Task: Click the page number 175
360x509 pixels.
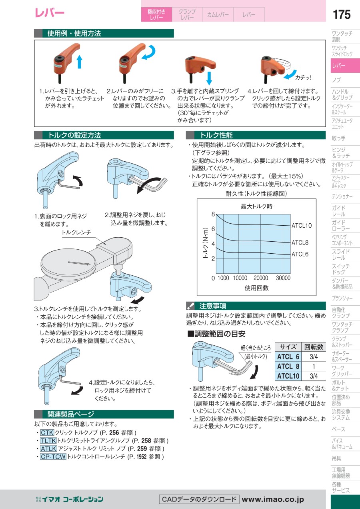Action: tap(342, 14)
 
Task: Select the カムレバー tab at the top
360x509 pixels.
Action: tap(218, 14)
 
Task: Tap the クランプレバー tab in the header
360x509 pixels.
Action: tap(187, 14)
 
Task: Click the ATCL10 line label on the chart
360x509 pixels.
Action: tap(302, 226)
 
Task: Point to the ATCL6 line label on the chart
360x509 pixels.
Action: tap(300, 254)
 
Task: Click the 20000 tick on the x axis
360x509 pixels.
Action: tap(261, 278)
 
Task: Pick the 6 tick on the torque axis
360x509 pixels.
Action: tap(213, 229)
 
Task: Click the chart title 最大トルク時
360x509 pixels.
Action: tap(256, 206)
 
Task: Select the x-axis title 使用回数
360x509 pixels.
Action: tap(256, 288)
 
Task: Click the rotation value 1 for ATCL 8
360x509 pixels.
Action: tap(314, 366)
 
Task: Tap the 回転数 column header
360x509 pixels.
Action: tap(314, 347)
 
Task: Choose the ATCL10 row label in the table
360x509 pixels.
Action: tap(288, 376)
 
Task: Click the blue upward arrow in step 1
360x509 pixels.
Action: tap(79, 62)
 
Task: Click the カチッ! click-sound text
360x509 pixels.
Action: tap(303, 78)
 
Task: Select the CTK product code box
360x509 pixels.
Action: tap(47, 433)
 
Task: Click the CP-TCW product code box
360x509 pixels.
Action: tap(53, 456)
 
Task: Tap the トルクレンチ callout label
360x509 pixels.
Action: tap(76, 232)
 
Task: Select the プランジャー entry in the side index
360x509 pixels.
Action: tap(342, 299)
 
